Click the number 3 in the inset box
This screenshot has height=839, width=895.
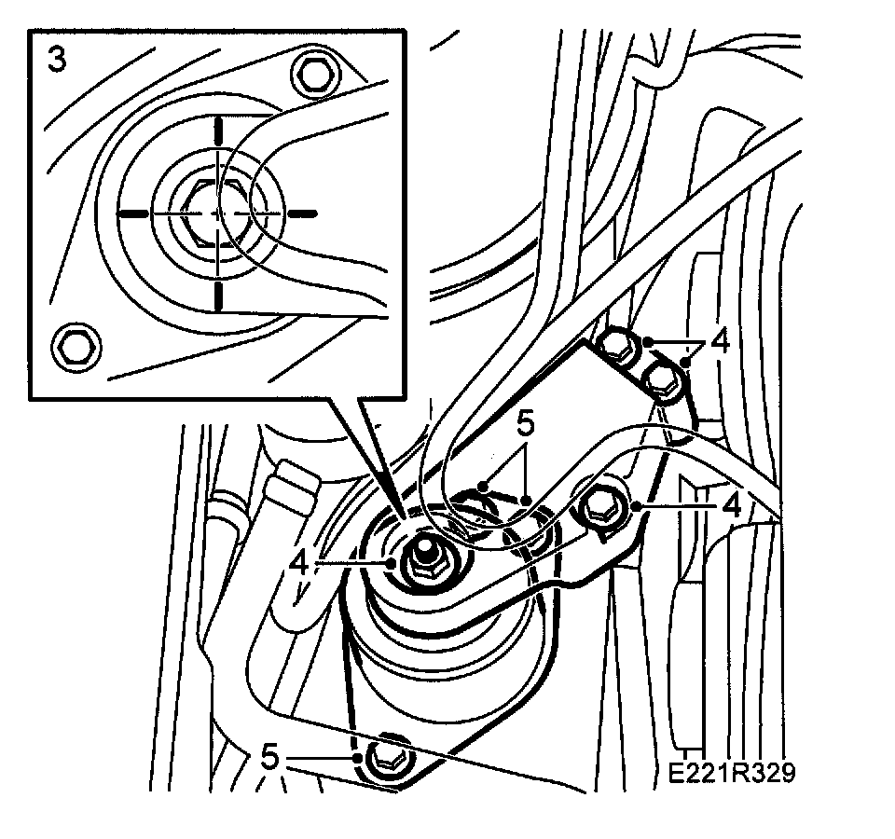pyautogui.click(x=57, y=62)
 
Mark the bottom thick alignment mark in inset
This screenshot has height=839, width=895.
pyautogui.click(x=216, y=296)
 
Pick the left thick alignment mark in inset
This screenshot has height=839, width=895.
pyautogui.click(x=133, y=213)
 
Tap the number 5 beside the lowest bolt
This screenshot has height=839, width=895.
pyautogui.click(x=270, y=757)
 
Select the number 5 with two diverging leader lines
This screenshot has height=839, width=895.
pyautogui.click(x=526, y=424)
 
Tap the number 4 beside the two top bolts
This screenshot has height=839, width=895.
pyautogui.click(x=719, y=341)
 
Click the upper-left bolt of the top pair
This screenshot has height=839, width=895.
pyautogui.click(x=614, y=346)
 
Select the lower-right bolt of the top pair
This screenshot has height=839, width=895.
pyautogui.click(x=660, y=378)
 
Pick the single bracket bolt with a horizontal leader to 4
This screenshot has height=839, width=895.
pyautogui.click(x=599, y=505)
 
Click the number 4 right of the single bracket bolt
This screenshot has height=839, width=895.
pyautogui.click(x=732, y=505)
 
